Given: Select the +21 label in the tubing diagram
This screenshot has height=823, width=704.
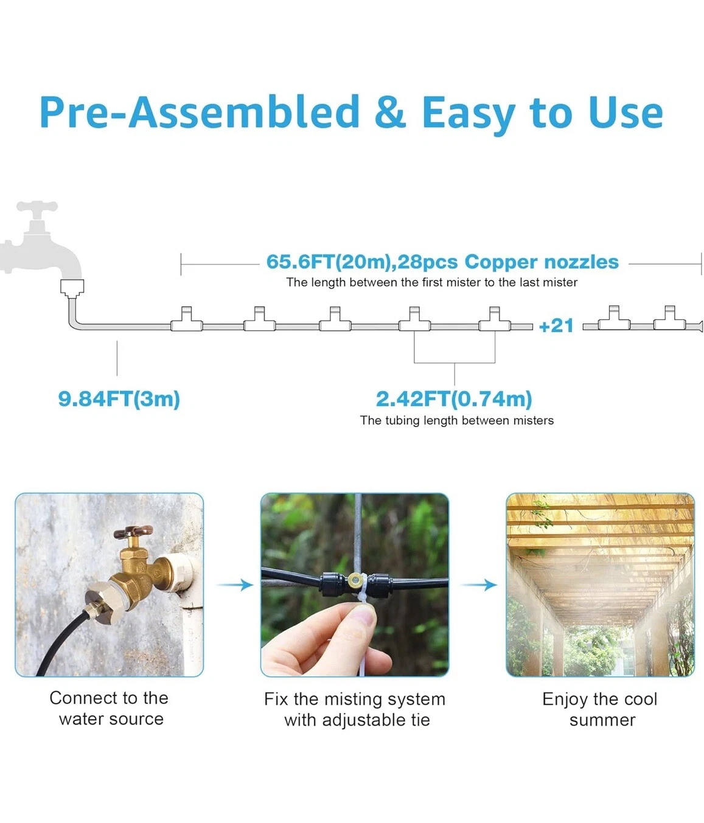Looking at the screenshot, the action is point(556,325).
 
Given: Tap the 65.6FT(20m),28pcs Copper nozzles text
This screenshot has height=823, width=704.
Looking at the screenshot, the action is point(442,262).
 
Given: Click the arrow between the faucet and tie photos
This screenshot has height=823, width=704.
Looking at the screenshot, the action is point(235,585).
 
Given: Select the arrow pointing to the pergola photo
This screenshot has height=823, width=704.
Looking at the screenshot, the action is point(479,585).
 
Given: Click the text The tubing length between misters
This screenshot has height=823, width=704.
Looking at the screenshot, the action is point(457,420).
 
